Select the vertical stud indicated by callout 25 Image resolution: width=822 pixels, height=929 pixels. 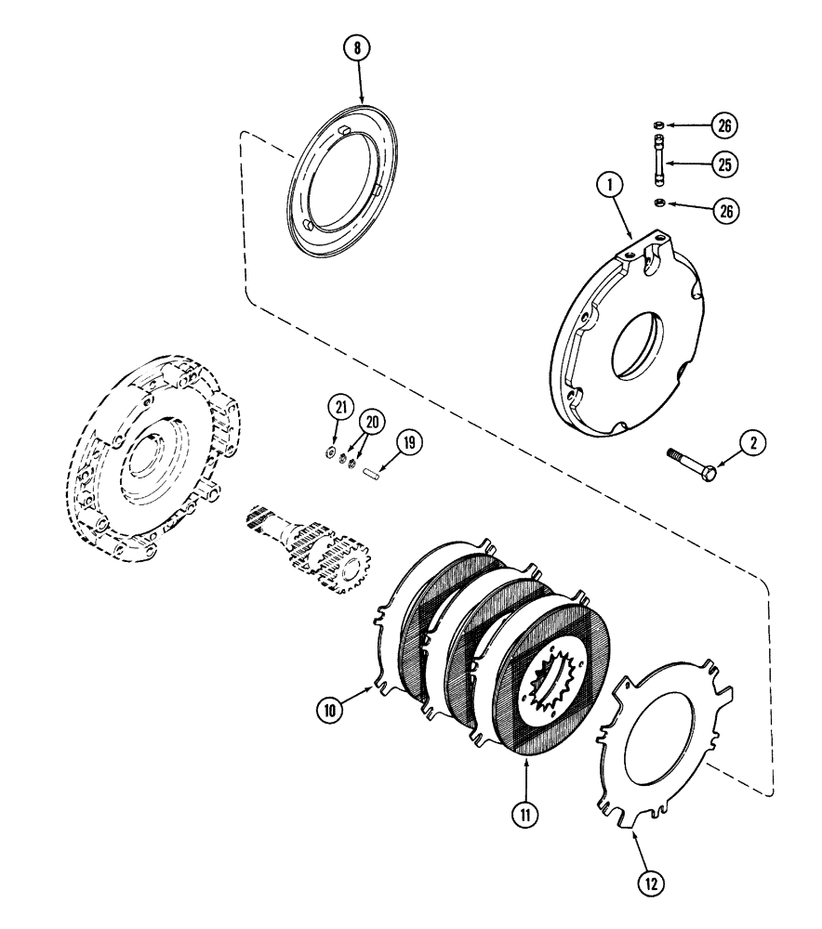657,164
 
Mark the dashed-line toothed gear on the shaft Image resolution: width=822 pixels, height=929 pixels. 341,565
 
